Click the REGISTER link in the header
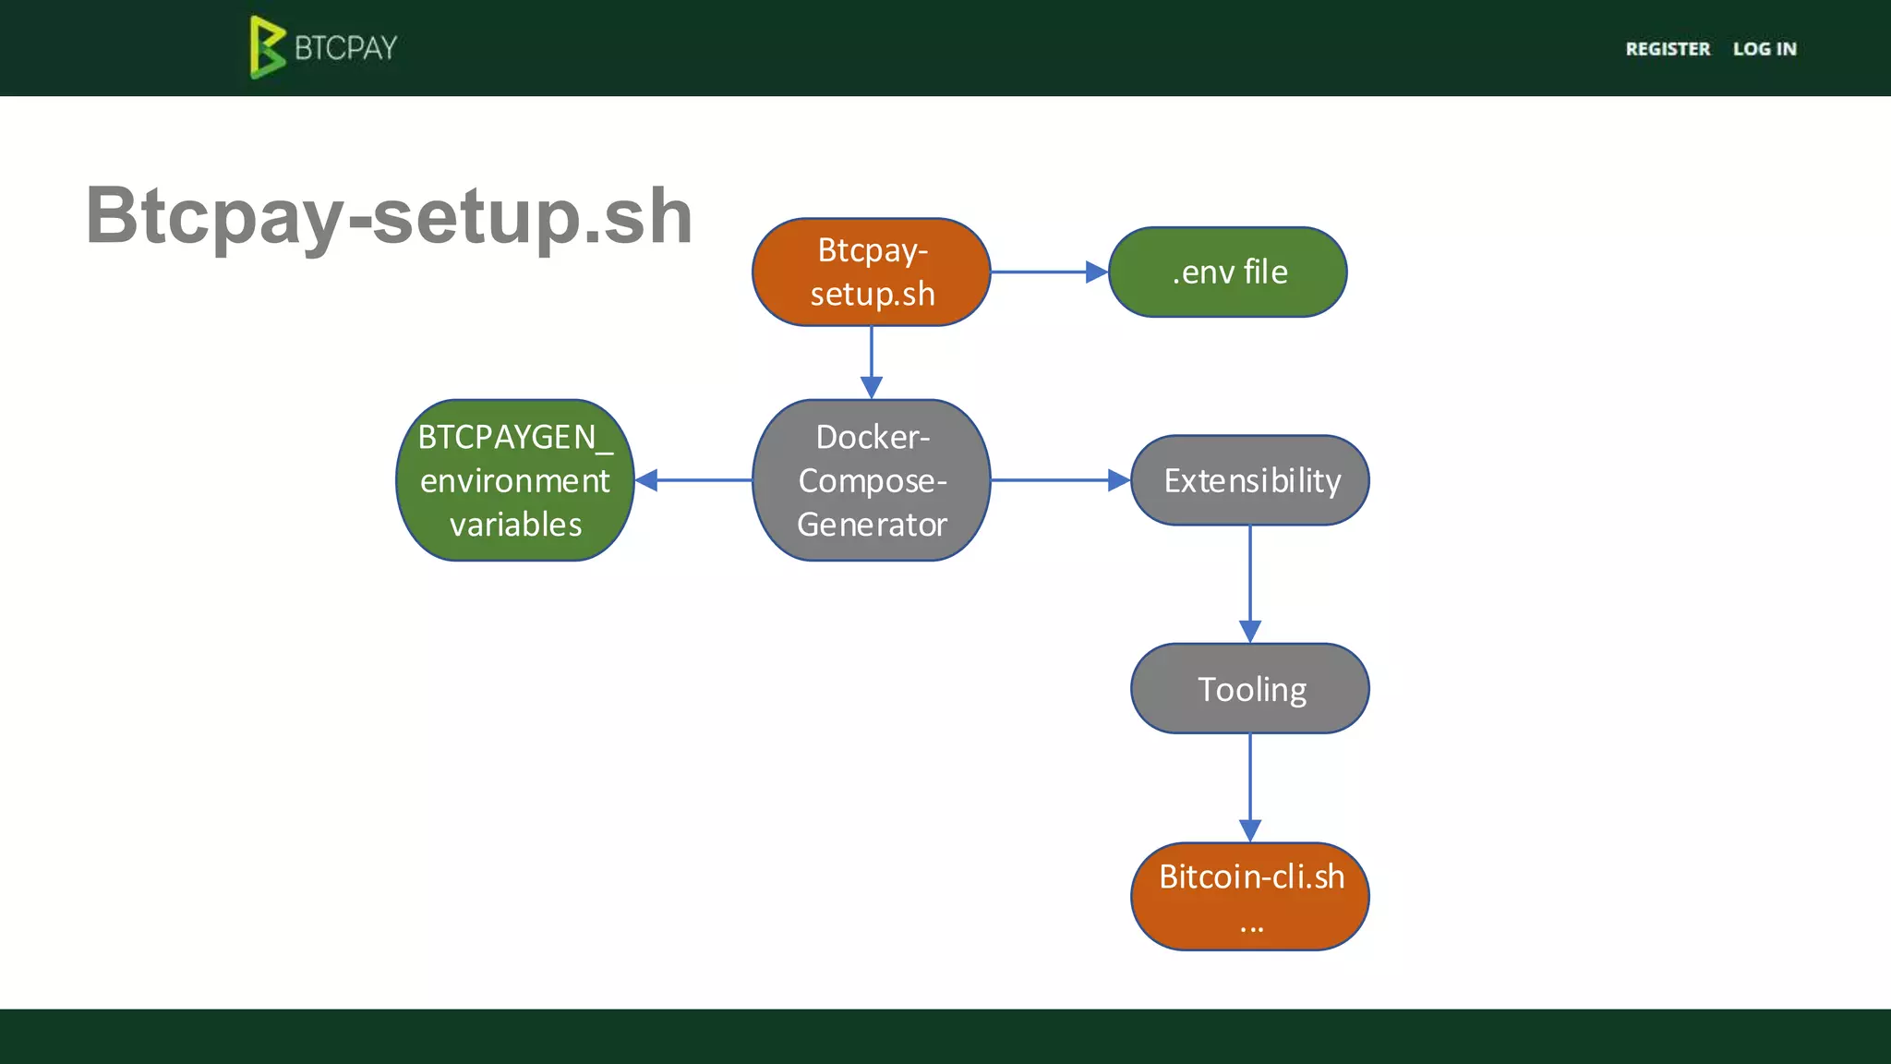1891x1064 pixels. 1668,49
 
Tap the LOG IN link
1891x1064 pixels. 1765,49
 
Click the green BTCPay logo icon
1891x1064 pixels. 266,47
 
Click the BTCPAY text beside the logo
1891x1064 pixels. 346,48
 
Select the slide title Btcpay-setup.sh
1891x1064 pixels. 389,216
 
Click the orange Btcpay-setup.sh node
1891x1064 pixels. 871,272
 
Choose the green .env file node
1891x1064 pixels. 1227,272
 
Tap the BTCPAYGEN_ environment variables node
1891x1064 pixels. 514,480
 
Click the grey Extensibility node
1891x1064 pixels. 1250,480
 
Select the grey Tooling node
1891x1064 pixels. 1250,689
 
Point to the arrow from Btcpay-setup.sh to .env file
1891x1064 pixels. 1048,272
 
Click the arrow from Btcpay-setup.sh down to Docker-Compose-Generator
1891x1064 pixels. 871,362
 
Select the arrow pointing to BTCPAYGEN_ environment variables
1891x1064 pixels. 693,480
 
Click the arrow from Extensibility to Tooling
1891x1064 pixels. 1250,584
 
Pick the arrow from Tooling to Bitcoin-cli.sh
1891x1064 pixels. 1250,787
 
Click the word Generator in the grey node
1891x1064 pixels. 872,525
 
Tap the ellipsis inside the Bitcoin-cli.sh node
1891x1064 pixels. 1251,926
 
